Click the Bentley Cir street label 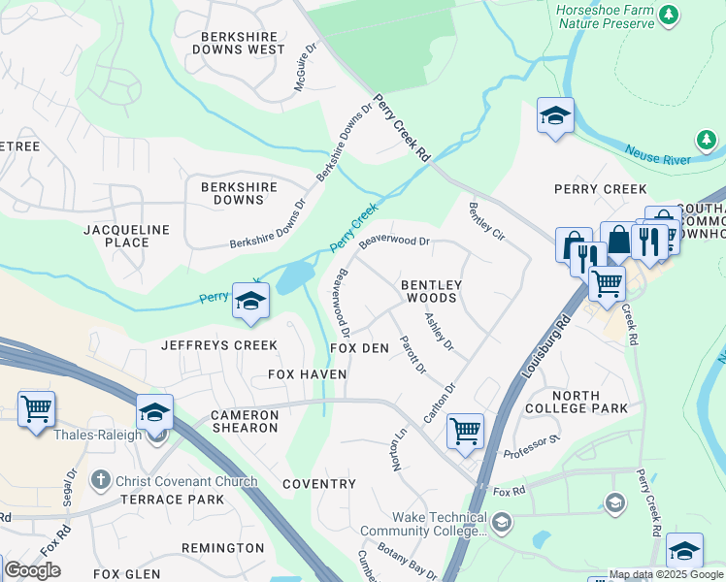(486, 222)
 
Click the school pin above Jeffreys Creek (249, 300)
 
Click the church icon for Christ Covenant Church (99, 481)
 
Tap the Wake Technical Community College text (423, 525)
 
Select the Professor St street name (533, 446)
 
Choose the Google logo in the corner (32, 570)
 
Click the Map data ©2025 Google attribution (666, 574)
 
